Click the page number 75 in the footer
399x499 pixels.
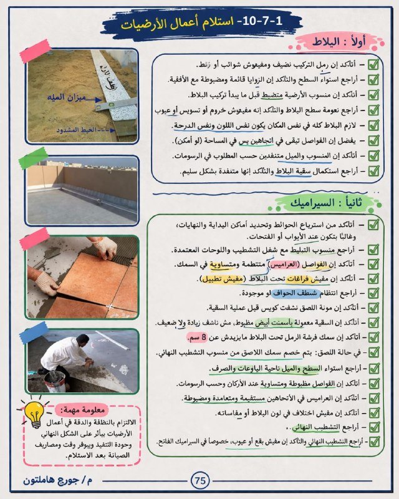click(199, 481)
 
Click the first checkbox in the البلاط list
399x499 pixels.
click(373, 64)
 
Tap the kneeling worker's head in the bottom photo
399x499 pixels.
click(82, 340)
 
